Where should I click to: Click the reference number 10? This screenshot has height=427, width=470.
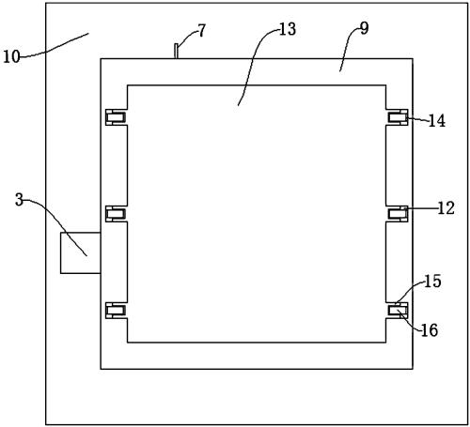[11, 57]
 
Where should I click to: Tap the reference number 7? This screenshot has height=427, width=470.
[202, 31]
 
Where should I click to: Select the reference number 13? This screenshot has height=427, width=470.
[288, 29]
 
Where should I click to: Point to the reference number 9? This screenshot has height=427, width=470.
[364, 28]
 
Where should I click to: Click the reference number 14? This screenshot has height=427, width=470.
[437, 121]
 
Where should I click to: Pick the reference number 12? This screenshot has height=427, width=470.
[446, 208]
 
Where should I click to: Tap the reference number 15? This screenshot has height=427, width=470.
[432, 281]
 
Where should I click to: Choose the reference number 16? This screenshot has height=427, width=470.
[430, 330]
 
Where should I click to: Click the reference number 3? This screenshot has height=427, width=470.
[20, 200]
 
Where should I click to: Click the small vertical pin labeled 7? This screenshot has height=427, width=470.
[176, 51]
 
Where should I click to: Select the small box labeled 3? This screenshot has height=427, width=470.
[81, 252]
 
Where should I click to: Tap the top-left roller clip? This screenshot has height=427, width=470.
[116, 117]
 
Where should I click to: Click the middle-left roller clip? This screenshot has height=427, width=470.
[116, 214]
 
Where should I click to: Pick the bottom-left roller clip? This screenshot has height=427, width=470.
[116, 311]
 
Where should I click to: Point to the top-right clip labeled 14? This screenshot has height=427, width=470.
[398, 117]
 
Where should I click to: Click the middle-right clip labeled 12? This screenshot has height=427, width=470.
[398, 214]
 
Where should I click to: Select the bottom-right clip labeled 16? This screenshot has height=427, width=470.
[398, 311]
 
